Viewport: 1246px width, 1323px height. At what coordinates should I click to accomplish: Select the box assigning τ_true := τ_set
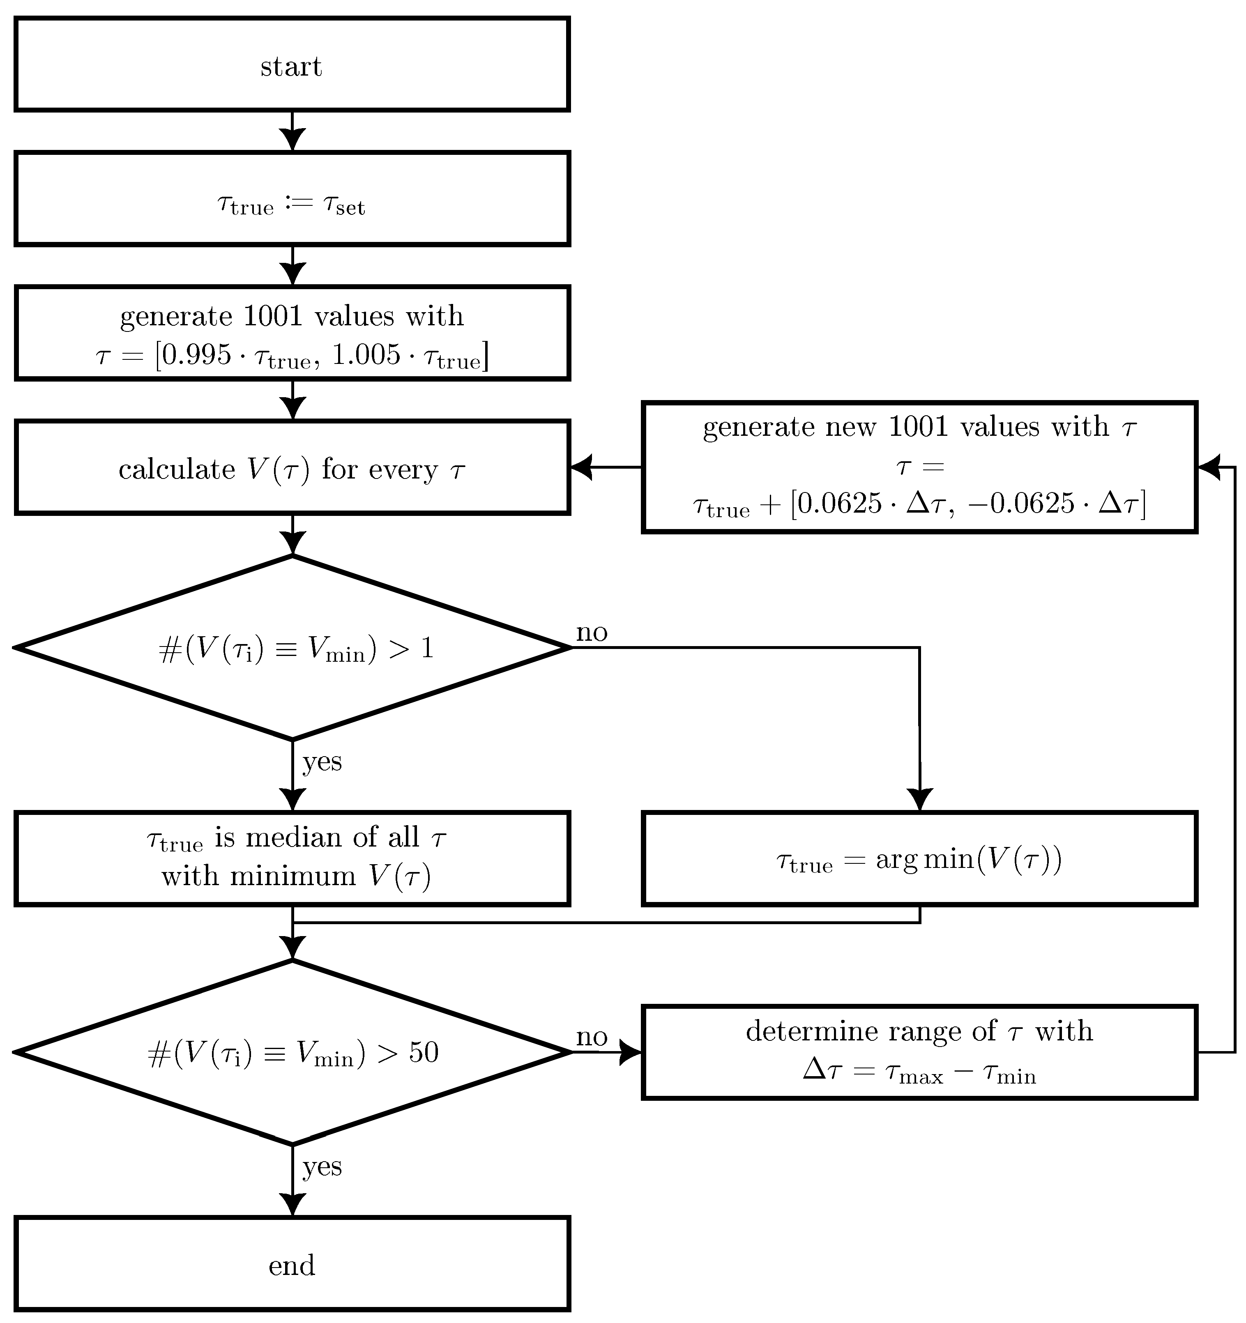click(x=292, y=199)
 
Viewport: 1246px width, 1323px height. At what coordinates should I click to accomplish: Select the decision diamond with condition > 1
click(x=292, y=647)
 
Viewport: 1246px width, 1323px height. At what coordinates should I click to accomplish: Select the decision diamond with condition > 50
click(x=292, y=1052)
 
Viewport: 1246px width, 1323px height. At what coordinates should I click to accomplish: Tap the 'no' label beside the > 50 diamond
click(x=592, y=1037)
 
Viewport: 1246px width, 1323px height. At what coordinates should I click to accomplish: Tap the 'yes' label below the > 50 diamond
click(x=322, y=1166)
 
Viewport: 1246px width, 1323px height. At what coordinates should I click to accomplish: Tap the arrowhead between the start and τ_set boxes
click(x=292, y=140)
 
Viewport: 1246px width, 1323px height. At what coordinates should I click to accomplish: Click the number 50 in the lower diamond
click(x=423, y=1052)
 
